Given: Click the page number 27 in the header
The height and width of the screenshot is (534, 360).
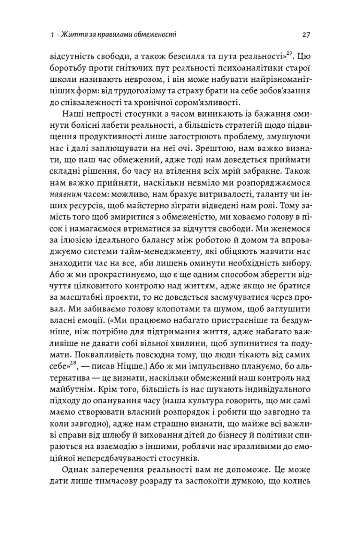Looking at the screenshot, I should pos(307,35).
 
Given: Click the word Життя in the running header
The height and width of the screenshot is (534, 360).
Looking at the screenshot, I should pos(71,35).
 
